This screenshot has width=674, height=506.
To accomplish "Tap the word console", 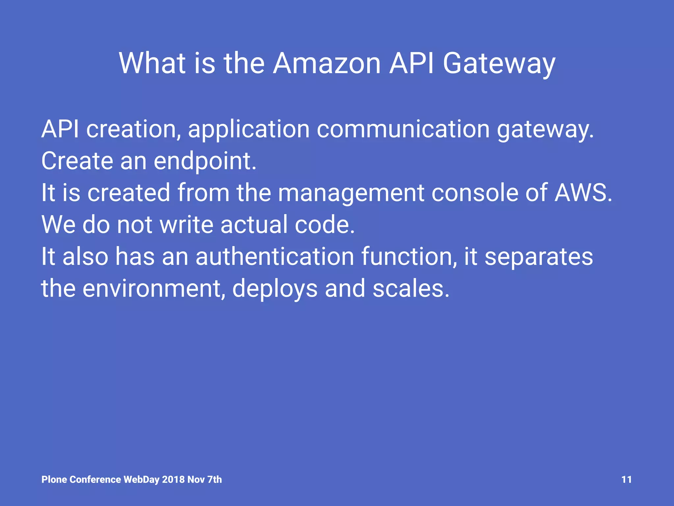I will click(x=474, y=193).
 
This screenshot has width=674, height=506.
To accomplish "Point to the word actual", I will click(x=254, y=224).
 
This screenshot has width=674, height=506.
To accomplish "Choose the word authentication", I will click(x=275, y=256).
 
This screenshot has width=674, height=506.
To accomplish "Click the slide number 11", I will click(x=626, y=480).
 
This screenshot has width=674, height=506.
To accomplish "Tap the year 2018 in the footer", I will click(x=173, y=480).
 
